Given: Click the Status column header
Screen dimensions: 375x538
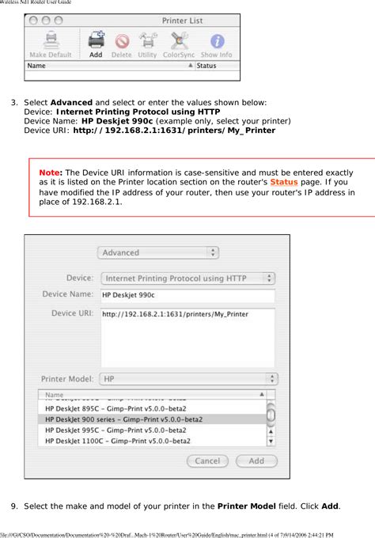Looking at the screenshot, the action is (x=217, y=66).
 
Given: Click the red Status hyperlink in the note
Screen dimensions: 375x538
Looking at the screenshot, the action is (x=284, y=182).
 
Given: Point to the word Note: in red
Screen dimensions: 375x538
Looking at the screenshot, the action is (x=51, y=172).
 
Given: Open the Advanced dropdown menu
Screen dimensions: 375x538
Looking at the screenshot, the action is (x=158, y=252).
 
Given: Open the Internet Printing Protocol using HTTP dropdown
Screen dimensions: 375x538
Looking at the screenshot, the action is (x=188, y=278).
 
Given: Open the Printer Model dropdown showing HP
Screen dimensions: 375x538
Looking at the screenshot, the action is (x=188, y=379).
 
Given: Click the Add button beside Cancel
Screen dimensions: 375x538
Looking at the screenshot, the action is (x=257, y=460).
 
